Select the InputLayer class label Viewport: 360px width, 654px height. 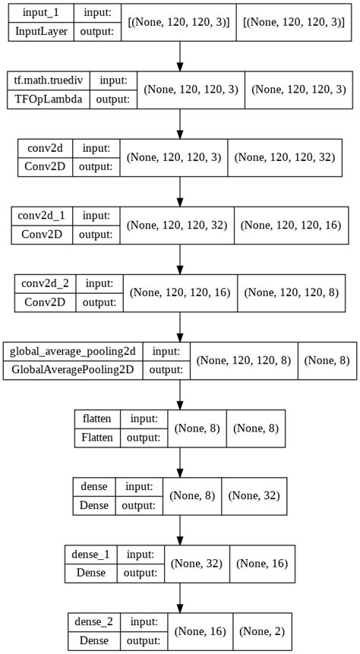pyautogui.click(x=37, y=31)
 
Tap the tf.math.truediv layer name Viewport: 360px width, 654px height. pyautogui.click(x=48, y=81)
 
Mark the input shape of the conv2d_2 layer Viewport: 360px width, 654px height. pyautogui.click(x=183, y=293)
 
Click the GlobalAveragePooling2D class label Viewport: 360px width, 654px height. pyautogui.click(x=72, y=370)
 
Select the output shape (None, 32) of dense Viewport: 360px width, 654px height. pyautogui.click(x=252, y=496)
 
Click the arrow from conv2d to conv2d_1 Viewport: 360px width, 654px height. pyautogui.click(x=180, y=191)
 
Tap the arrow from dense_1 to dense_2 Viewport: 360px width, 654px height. pyautogui.click(x=180, y=598)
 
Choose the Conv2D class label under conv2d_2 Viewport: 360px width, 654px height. pyautogui.click(x=45, y=302)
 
